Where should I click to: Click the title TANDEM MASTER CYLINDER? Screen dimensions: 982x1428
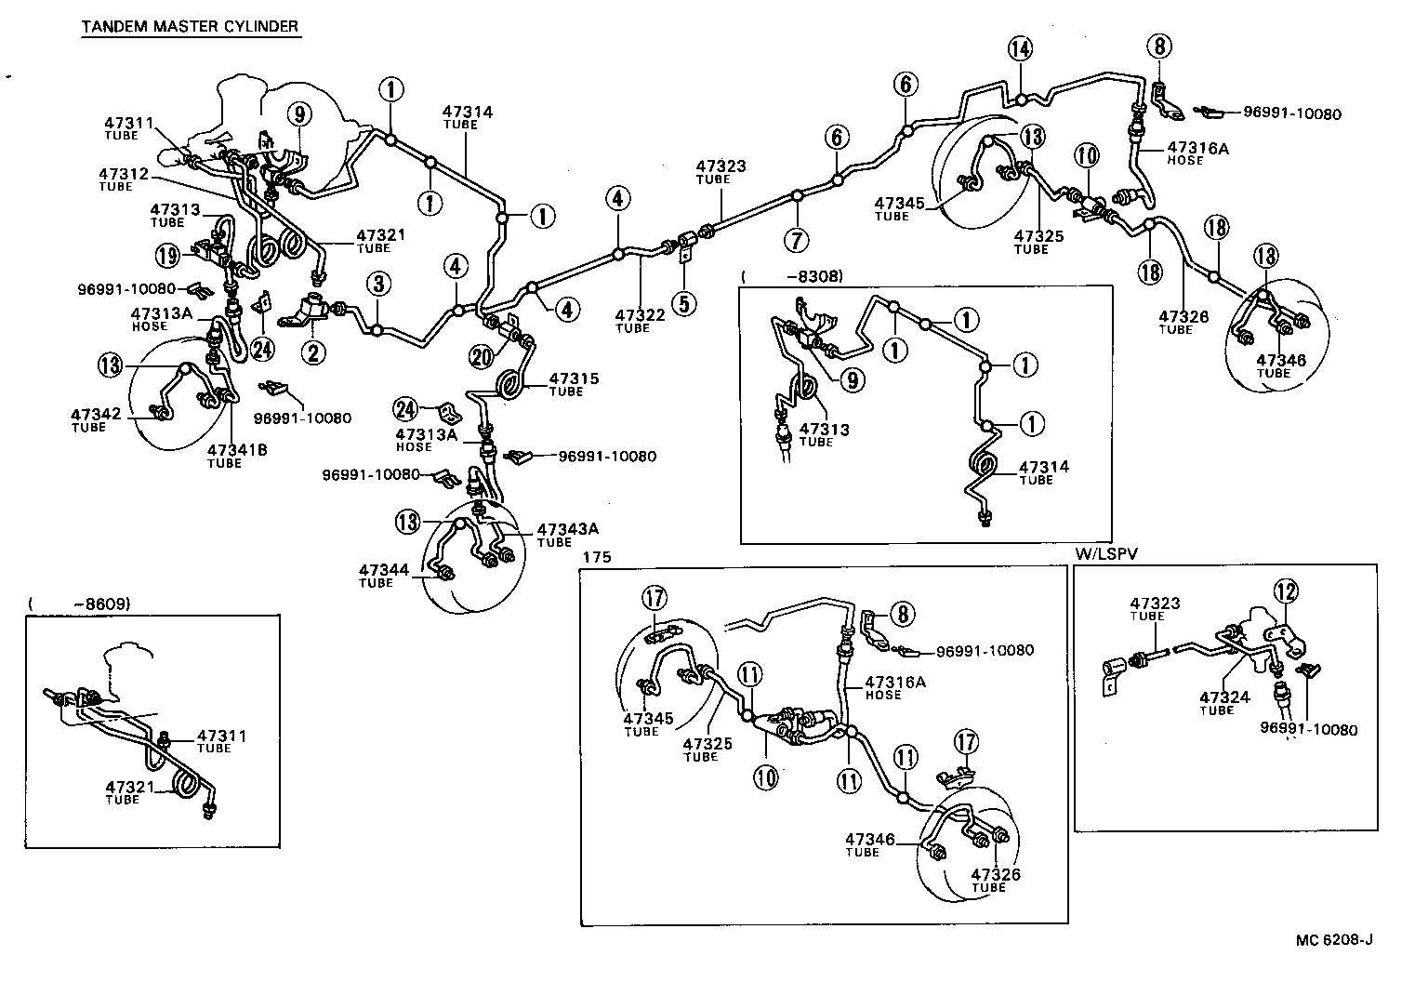click(190, 26)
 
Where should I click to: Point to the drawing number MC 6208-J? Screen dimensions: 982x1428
click(1334, 939)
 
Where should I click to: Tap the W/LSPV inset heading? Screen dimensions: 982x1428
click(1107, 554)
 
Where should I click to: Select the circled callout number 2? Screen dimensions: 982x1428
click(313, 352)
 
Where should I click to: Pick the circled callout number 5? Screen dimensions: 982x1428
click(684, 303)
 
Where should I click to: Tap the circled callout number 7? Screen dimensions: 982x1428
click(797, 239)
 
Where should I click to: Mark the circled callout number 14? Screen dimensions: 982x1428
click(1020, 50)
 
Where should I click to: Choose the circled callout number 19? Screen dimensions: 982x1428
click(167, 255)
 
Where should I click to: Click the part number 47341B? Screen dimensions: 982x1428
click(237, 450)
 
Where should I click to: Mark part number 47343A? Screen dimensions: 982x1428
click(567, 530)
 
